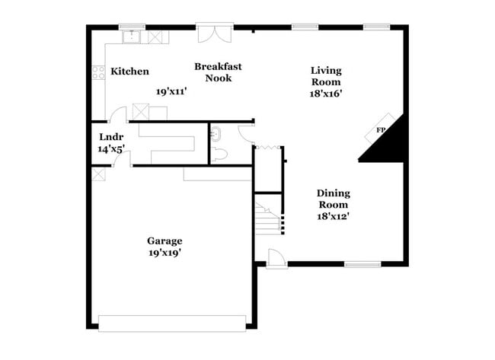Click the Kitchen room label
click(129, 72)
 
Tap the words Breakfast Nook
click(218, 72)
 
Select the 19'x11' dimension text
click(171, 91)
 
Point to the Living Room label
click(325, 76)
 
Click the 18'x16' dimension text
click(325, 94)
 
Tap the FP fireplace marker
click(381, 131)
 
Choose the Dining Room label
click(333, 199)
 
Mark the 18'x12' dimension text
click(333, 216)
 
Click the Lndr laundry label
click(111, 137)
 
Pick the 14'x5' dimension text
click(111, 149)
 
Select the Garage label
click(164, 241)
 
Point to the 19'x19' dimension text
click(164, 253)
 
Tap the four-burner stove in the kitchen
click(98, 72)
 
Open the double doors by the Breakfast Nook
click(212, 33)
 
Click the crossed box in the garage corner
click(97, 174)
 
